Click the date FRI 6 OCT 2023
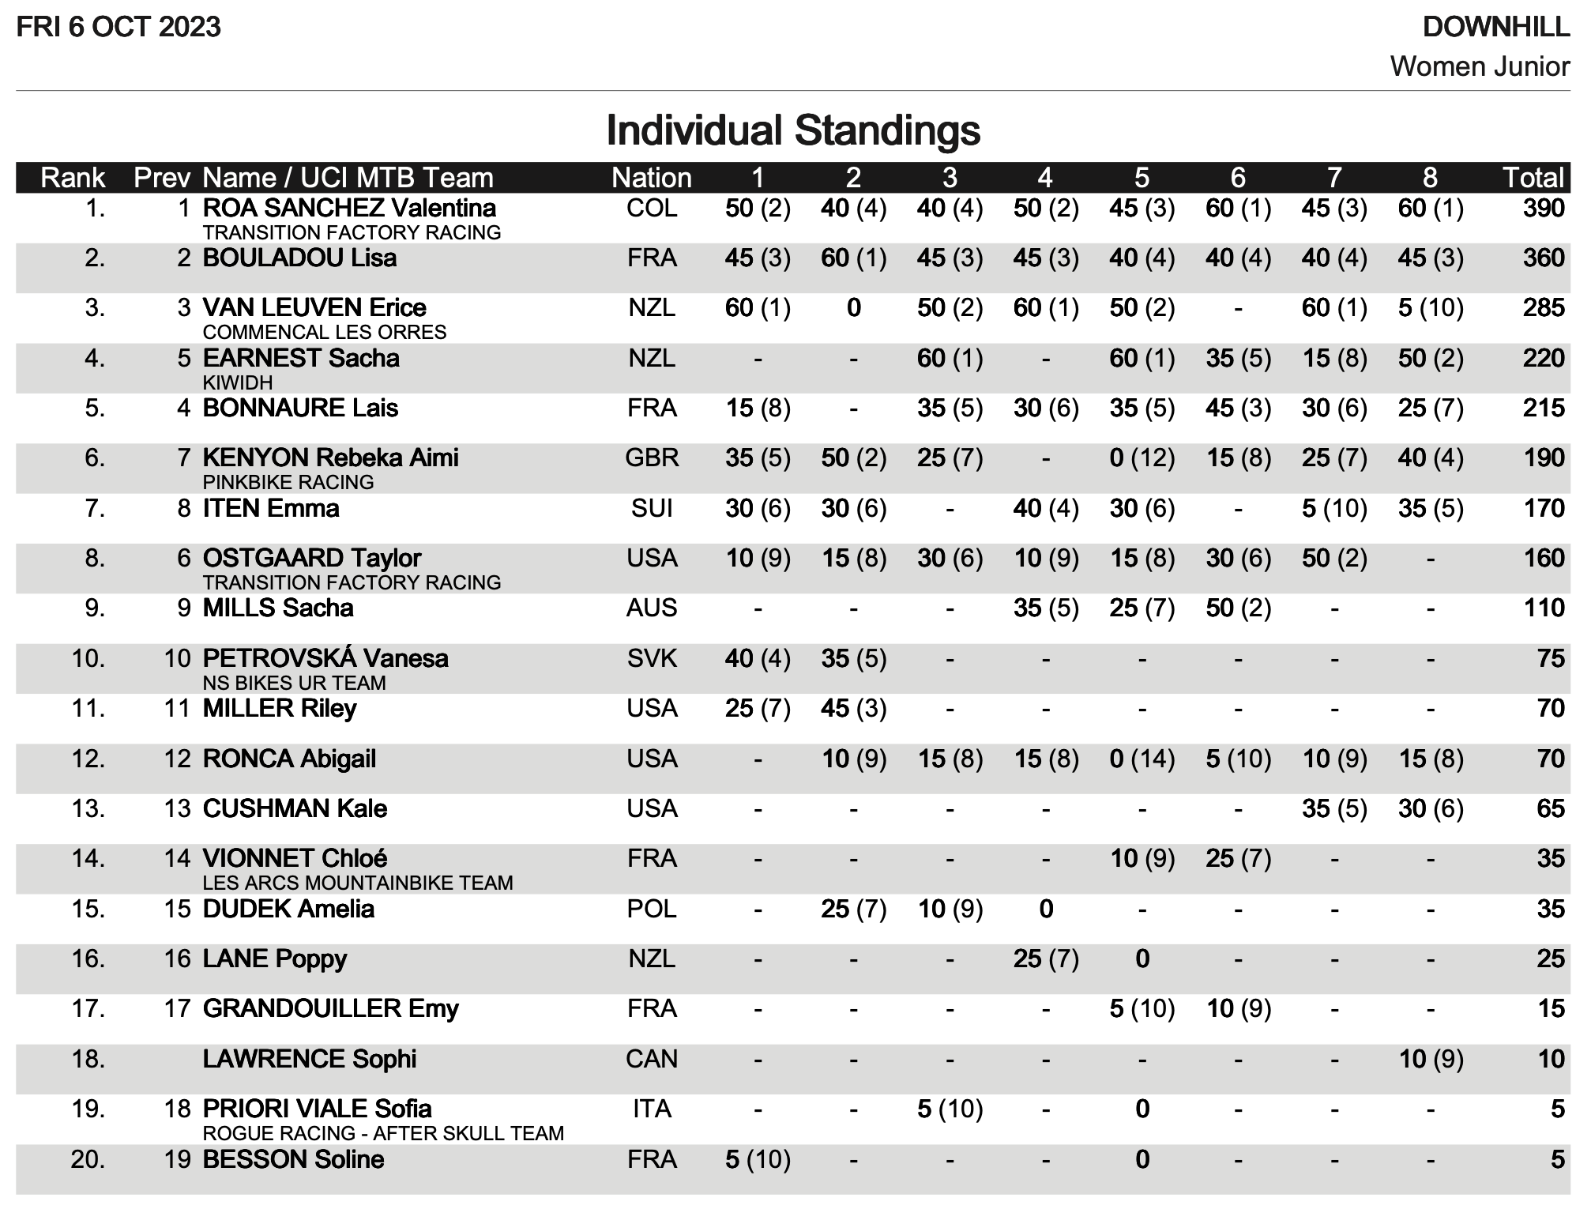click(118, 28)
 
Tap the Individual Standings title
click(793, 130)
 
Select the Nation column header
click(651, 178)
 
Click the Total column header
click(1533, 178)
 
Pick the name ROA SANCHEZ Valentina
click(349, 209)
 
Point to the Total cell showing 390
click(1544, 209)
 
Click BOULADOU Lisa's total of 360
click(1544, 258)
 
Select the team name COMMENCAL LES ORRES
click(324, 332)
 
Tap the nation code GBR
click(652, 458)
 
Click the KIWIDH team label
click(237, 382)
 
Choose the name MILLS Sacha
click(278, 608)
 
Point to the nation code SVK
click(652, 658)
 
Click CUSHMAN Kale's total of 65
click(1551, 809)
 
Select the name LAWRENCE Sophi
click(309, 1059)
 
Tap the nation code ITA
click(652, 1109)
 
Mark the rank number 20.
click(88, 1160)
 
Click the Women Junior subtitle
click(1480, 66)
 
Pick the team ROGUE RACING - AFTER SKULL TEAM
click(383, 1133)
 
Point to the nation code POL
click(652, 909)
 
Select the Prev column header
click(162, 178)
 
